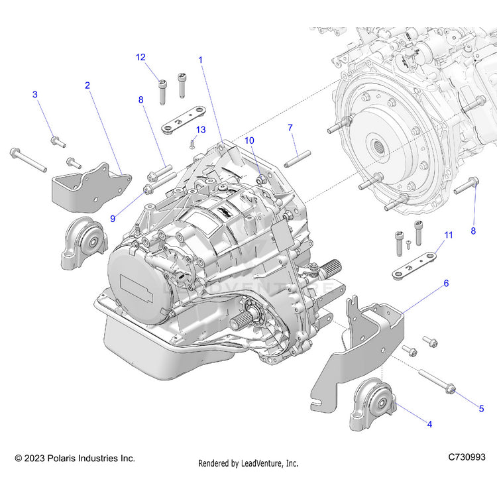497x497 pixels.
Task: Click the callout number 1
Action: coord(200,60)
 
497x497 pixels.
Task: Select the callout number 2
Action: coord(87,85)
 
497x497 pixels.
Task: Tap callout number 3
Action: coord(35,95)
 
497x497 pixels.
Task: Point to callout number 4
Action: coord(429,424)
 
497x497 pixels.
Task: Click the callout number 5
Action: coord(481,409)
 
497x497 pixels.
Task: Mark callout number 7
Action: coord(290,127)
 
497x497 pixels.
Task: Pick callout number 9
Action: coord(112,218)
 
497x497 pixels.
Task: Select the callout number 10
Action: coord(249,140)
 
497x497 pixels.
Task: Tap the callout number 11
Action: coord(449,235)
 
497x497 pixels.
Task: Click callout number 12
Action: coord(140,57)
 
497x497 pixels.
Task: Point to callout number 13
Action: coord(201,129)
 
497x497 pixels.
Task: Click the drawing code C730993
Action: coord(467,457)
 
